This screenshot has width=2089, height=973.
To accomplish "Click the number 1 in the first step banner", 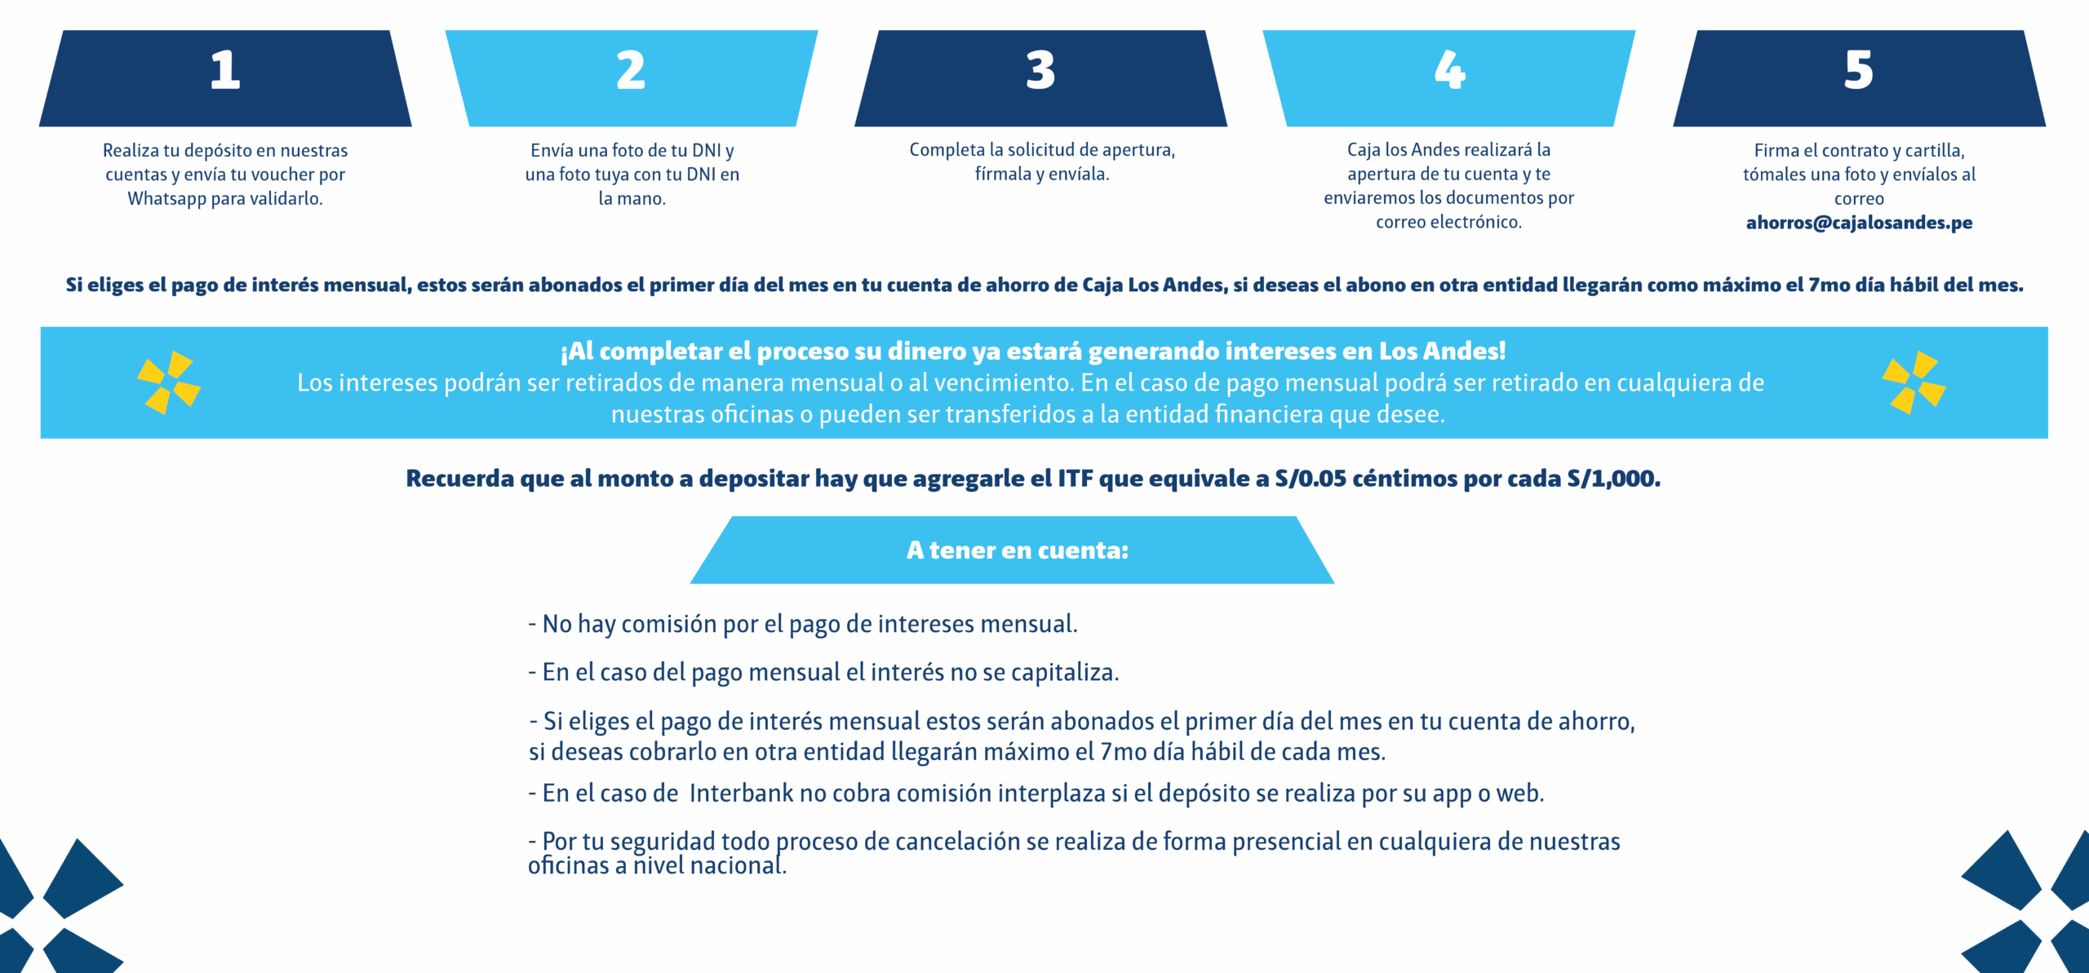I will (x=225, y=70).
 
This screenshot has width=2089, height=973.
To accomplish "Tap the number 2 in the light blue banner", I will (x=631, y=70).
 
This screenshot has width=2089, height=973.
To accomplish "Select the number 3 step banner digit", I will (x=1040, y=70).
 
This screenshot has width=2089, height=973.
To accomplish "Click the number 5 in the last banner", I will (x=1859, y=70).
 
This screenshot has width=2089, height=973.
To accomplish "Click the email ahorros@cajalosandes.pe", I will (x=1859, y=223).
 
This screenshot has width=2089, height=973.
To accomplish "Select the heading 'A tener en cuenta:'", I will (x=1017, y=551).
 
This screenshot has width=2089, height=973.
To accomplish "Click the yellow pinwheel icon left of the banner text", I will (x=169, y=383).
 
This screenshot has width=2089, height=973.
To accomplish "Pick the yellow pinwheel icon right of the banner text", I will (x=1914, y=383).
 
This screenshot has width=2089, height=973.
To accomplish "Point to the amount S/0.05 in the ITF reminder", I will (x=1311, y=479).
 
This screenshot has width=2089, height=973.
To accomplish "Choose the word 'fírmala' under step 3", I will (x=1003, y=175).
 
